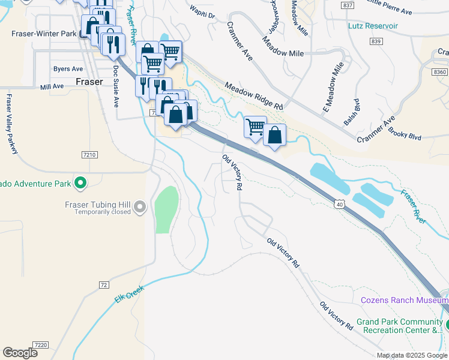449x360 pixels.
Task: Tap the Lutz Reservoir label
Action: click(373, 26)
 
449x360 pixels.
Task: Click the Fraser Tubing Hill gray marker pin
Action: click(140, 207)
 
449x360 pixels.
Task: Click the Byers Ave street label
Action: click(68, 69)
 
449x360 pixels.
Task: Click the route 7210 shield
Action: click(89, 155)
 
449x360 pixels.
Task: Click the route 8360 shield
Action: click(440, 71)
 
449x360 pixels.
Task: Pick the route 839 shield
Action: click(376, 41)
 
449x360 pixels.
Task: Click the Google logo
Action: click(20, 353)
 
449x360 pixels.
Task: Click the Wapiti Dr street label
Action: click(202, 12)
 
